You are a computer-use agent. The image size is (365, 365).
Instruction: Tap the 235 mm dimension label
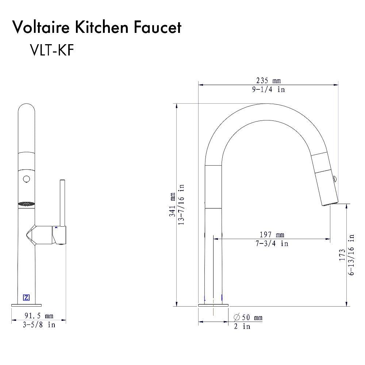[268, 81]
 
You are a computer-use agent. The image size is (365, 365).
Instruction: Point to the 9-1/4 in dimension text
[268, 89]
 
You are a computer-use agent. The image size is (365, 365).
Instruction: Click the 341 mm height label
[172, 205]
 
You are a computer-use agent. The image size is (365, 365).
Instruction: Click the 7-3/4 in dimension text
[272, 243]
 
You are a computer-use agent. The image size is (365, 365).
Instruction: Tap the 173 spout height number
[342, 254]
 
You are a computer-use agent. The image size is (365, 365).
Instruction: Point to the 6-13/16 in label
[351, 254]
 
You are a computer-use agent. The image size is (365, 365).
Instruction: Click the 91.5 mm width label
[39, 316]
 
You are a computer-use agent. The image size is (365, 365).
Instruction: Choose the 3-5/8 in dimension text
[39, 324]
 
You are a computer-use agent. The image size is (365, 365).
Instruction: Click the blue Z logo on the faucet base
[26, 297]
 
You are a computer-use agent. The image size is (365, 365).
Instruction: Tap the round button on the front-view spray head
[26, 179]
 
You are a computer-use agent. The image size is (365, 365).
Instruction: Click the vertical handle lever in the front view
[62, 203]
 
